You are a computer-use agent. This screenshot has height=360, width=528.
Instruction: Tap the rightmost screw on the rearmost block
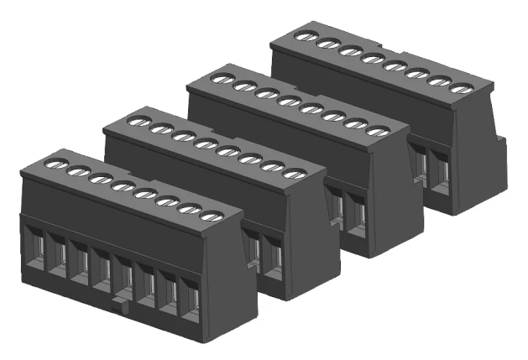pos(459,88)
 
